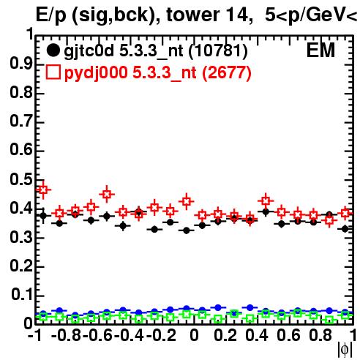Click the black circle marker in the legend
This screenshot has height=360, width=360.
[53, 50]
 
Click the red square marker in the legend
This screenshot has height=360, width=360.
[53, 72]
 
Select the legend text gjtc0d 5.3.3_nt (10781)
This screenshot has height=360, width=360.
[156, 51]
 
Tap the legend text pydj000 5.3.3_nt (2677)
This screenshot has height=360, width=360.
[157, 73]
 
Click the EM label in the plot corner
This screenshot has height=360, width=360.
[320, 50]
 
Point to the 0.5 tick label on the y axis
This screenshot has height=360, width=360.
[21, 179]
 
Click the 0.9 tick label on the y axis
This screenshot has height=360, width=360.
[21, 64]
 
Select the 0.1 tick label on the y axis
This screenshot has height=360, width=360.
[22, 294]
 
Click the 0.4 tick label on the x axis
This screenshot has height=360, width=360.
[257, 335]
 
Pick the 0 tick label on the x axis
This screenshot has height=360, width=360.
[194, 335]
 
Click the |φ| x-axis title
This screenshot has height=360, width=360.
[345, 350]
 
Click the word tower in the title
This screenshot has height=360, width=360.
[193, 15]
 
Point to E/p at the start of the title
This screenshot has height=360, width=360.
[51, 15]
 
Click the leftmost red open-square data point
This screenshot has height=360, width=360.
[43, 190]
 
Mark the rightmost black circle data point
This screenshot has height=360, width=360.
[345, 229]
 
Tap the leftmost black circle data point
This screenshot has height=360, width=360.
[43, 216]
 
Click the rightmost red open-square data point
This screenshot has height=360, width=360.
[345, 213]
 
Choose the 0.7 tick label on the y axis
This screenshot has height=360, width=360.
[21, 121]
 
